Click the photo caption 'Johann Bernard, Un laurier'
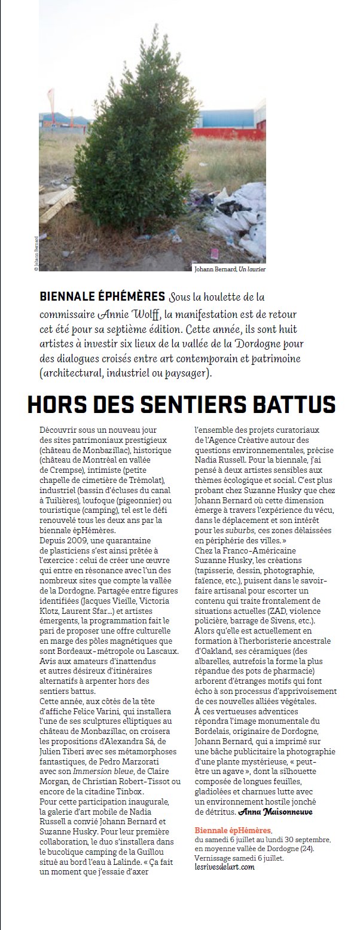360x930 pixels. [x=230, y=270]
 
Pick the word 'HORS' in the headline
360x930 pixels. [x=57, y=406]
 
